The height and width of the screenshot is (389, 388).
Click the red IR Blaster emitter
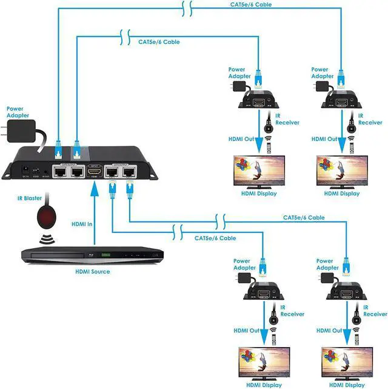[x=45, y=215]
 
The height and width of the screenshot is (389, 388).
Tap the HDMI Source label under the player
[x=92, y=271]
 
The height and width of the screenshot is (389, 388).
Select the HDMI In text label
[x=82, y=224]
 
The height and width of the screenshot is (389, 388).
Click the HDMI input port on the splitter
[x=94, y=172]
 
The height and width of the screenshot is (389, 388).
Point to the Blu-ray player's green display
[x=106, y=254]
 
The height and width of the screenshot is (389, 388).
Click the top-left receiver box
[x=259, y=100]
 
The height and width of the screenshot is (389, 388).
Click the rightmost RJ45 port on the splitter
[x=129, y=172]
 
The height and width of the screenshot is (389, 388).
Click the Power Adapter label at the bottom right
[x=328, y=265]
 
